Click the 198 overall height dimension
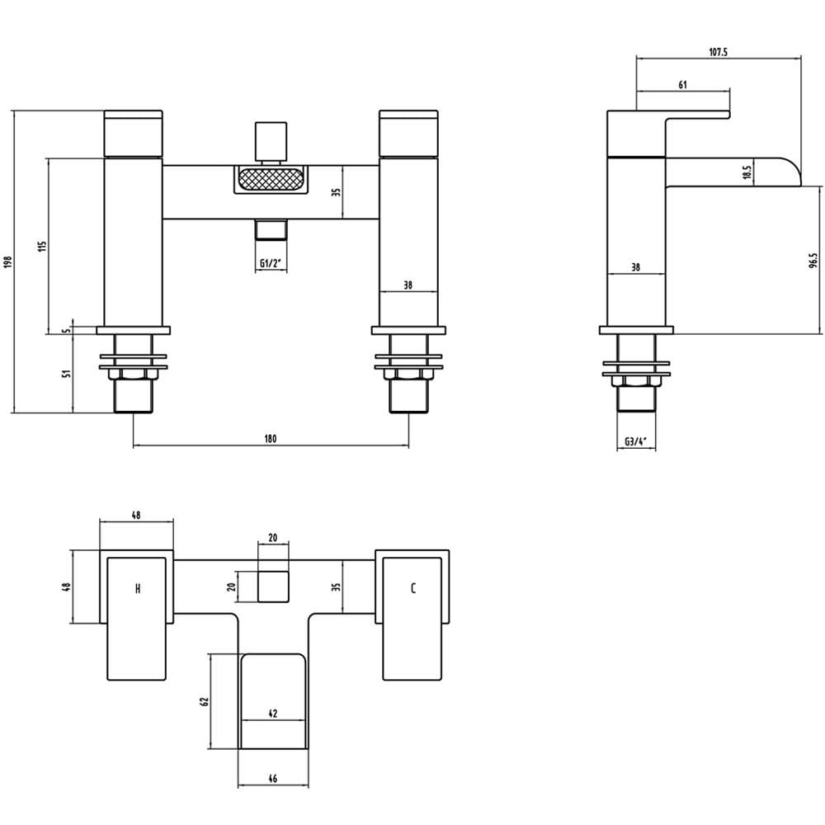coord(7,262)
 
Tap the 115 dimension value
coord(43,246)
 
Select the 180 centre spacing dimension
coord(271,438)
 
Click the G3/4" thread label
coord(635,441)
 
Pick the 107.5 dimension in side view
coord(718,51)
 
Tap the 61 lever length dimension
coord(682,84)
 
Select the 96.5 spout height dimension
coord(813,261)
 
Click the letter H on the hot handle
coord(138,588)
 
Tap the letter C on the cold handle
coord(413,588)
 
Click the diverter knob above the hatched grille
coord(271,142)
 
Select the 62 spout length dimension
coord(205,701)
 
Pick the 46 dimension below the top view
coord(272,778)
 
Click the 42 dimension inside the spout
coord(272,714)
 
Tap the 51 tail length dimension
coord(66,374)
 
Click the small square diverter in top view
coord(273,587)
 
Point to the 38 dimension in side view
coord(635,267)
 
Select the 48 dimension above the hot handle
coord(136,515)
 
